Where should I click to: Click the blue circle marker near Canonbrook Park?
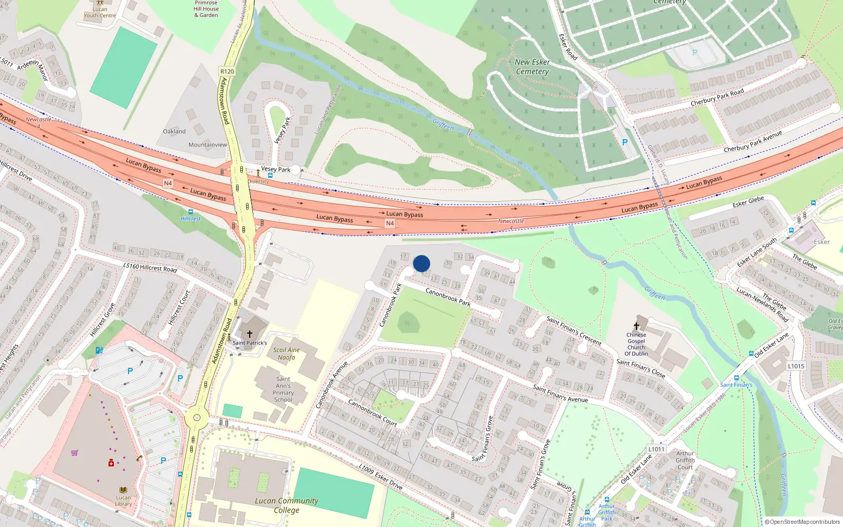click(421, 263)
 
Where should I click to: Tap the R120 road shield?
click(227, 71)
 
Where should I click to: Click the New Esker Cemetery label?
click(532, 66)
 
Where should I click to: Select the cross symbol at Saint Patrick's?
click(250, 334)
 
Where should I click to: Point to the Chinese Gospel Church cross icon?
click(636, 326)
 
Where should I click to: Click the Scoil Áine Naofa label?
click(286, 354)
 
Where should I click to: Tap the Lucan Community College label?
click(286, 505)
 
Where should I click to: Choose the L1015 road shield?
click(796, 366)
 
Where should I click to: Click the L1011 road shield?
click(656, 449)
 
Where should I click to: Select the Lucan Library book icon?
click(123, 490)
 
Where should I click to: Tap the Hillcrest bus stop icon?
click(190, 212)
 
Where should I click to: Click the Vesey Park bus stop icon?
click(270, 175)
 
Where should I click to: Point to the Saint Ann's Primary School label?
click(283, 389)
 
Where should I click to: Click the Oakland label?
click(174, 131)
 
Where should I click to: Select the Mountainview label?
click(208, 145)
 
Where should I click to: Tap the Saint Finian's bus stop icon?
click(736, 378)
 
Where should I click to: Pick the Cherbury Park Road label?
click(717, 96)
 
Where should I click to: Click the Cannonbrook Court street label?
click(373, 413)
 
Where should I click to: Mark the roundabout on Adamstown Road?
click(197, 418)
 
